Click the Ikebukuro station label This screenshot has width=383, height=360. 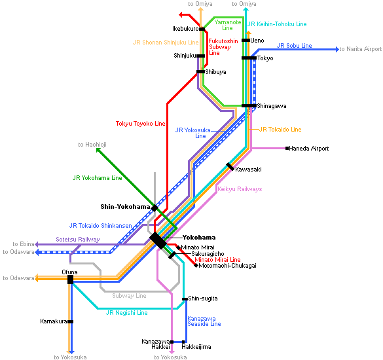[185, 29]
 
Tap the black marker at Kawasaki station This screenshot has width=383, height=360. [230, 166]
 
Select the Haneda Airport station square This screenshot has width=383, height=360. [287, 148]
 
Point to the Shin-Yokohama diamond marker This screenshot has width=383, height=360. [155, 208]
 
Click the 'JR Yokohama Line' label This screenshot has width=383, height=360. [97, 178]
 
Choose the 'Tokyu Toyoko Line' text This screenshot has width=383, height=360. [141, 124]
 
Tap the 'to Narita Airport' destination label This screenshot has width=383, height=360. [361, 49]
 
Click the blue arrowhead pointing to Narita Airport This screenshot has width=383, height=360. [337, 49]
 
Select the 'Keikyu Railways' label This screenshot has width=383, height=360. [240, 189]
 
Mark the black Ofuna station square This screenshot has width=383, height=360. [70, 279]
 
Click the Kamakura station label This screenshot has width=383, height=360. [54, 321]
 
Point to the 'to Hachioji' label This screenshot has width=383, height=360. [92, 145]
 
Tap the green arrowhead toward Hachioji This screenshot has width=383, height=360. [98, 150]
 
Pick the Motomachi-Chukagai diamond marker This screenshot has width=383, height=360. [196, 266]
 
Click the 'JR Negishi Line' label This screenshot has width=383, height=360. [127, 313]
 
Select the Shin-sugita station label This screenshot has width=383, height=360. [203, 298]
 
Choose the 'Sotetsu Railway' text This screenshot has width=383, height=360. [78, 240]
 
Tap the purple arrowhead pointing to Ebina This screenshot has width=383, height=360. [37, 244]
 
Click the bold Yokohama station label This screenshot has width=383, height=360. [199, 238]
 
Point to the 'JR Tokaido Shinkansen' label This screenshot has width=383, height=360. [101, 226]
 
